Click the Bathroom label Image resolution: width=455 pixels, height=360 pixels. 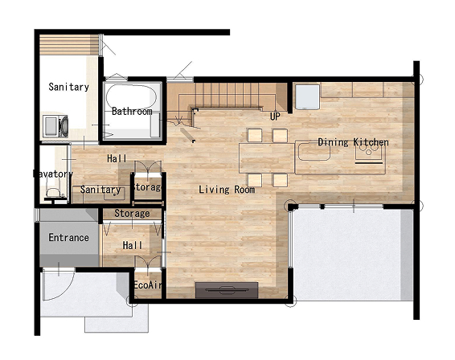(x=132, y=112)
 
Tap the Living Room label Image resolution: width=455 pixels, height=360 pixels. (x=227, y=190)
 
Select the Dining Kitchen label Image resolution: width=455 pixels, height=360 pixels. (x=353, y=142)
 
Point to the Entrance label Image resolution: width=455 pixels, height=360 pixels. (x=68, y=238)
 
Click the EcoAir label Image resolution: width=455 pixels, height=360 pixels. (x=147, y=285)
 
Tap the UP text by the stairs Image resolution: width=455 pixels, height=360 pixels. (x=275, y=117)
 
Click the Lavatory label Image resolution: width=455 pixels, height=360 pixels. (x=53, y=174)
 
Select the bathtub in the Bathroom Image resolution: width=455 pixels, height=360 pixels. (x=131, y=97)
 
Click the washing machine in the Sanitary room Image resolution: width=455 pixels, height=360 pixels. (x=55, y=126)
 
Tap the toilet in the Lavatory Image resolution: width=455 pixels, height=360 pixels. (x=53, y=192)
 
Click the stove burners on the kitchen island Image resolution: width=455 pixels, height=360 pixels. (x=368, y=149)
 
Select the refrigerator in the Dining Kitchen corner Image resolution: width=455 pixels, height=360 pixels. (x=307, y=97)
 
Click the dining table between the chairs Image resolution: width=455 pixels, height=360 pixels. (x=266, y=158)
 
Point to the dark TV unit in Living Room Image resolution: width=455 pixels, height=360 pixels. (x=227, y=290)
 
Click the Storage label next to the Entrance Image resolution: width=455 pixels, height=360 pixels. (x=132, y=214)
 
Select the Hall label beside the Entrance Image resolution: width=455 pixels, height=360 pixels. (x=133, y=245)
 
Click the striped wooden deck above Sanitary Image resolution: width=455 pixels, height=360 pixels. (x=68, y=45)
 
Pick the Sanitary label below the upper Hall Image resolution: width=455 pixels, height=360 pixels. (x=100, y=190)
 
